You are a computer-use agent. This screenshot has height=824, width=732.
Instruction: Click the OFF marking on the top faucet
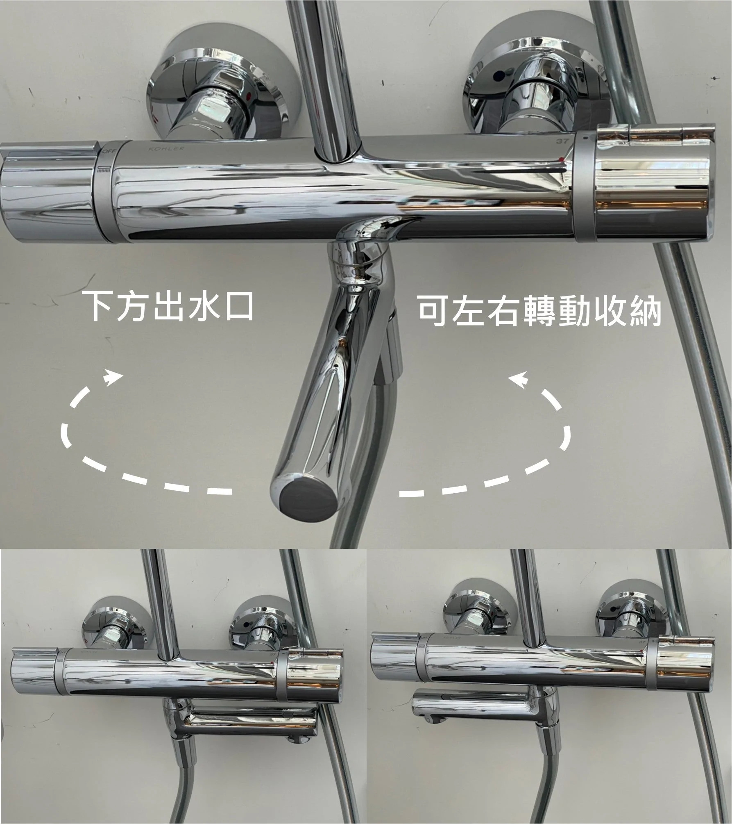point(110,152)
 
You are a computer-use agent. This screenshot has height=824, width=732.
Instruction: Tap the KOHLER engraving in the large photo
point(167,148)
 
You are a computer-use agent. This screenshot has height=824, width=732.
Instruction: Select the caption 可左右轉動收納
point(539,311)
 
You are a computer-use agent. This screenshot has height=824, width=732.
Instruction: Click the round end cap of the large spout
point(304,497)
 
